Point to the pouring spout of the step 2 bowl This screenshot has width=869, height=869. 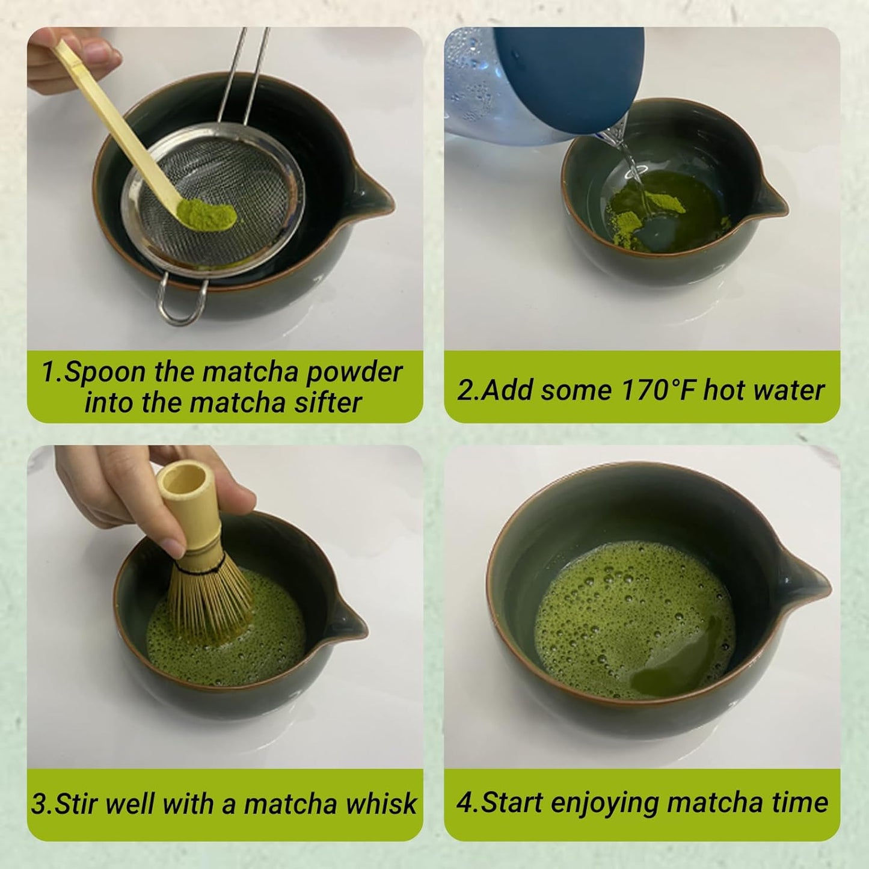coord(773,201)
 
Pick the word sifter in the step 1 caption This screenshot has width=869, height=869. coord(328,402)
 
